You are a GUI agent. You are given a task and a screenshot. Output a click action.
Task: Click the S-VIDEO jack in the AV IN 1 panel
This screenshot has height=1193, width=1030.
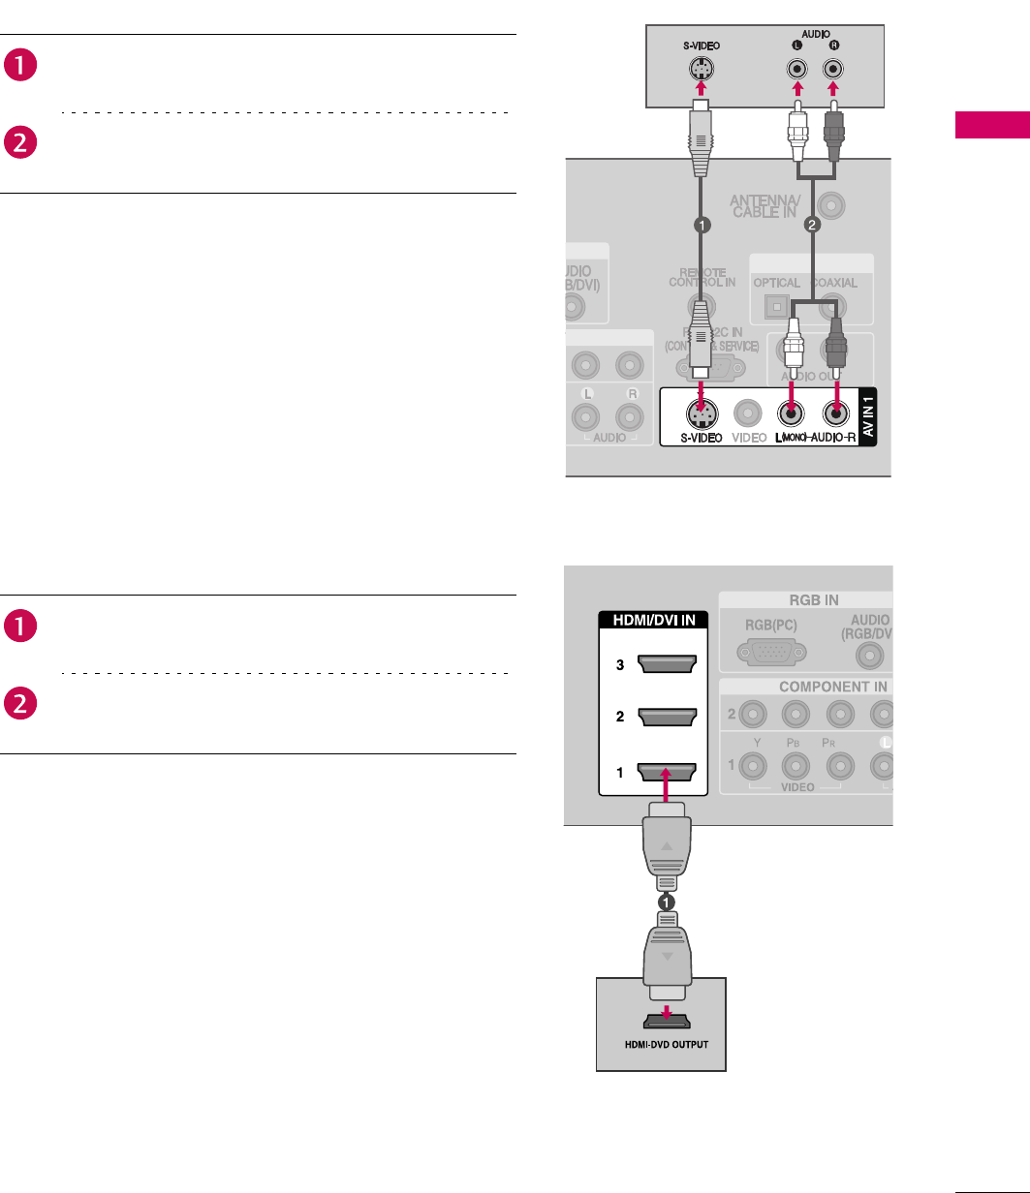click(699, 414)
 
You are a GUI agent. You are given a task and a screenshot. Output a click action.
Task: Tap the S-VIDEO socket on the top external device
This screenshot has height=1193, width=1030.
click(699, 70)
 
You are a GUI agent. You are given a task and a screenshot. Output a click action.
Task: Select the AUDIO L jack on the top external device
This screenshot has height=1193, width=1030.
click(796, 70)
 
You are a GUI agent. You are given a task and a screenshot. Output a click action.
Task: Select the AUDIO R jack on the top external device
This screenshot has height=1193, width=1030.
click(832, 70)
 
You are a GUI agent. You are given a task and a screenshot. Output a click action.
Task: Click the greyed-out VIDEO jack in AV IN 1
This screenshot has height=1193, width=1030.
click(746, 414)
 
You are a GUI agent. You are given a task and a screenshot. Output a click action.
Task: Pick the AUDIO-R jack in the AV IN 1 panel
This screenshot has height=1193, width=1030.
click(835, 414)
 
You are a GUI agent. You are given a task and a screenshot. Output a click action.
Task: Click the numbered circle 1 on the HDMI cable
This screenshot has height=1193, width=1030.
click(667, 901)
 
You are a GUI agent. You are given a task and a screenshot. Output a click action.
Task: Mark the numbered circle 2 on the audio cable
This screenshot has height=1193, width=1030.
click(812, 225)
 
